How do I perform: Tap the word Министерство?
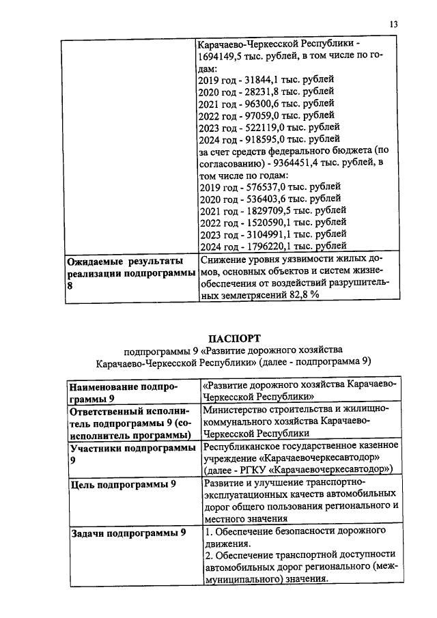[238, 410]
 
